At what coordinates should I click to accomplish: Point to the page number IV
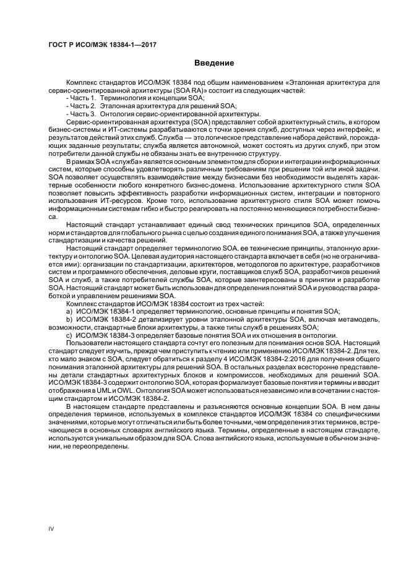click(51, 528)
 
